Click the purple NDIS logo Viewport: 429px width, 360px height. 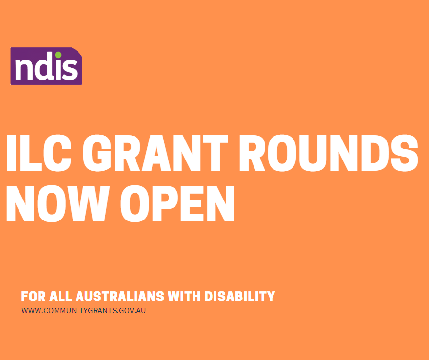[46, 66]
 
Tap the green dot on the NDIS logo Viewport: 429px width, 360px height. [58, 55]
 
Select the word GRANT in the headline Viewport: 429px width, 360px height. [156, 153]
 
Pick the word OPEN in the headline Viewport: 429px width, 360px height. [177, 203]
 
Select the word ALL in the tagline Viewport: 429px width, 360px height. [61, 296]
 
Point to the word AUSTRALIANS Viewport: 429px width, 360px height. [120, 296]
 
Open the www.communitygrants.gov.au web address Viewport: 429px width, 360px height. [84, 311]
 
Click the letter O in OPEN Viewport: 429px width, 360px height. [135, 203]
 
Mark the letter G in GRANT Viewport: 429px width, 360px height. [97, 153]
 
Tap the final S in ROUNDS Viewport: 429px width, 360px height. [404, 153]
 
